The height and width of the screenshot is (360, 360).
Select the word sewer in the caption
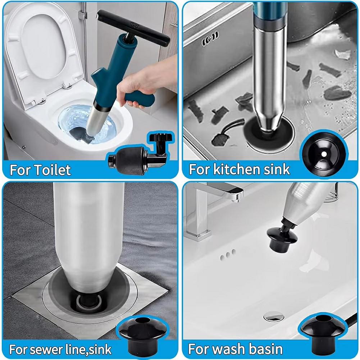click(x=48, y=349)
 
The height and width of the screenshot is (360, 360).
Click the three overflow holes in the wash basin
click(x=228, y=254)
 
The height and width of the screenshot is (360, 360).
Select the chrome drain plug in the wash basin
click(x=274, y=316)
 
